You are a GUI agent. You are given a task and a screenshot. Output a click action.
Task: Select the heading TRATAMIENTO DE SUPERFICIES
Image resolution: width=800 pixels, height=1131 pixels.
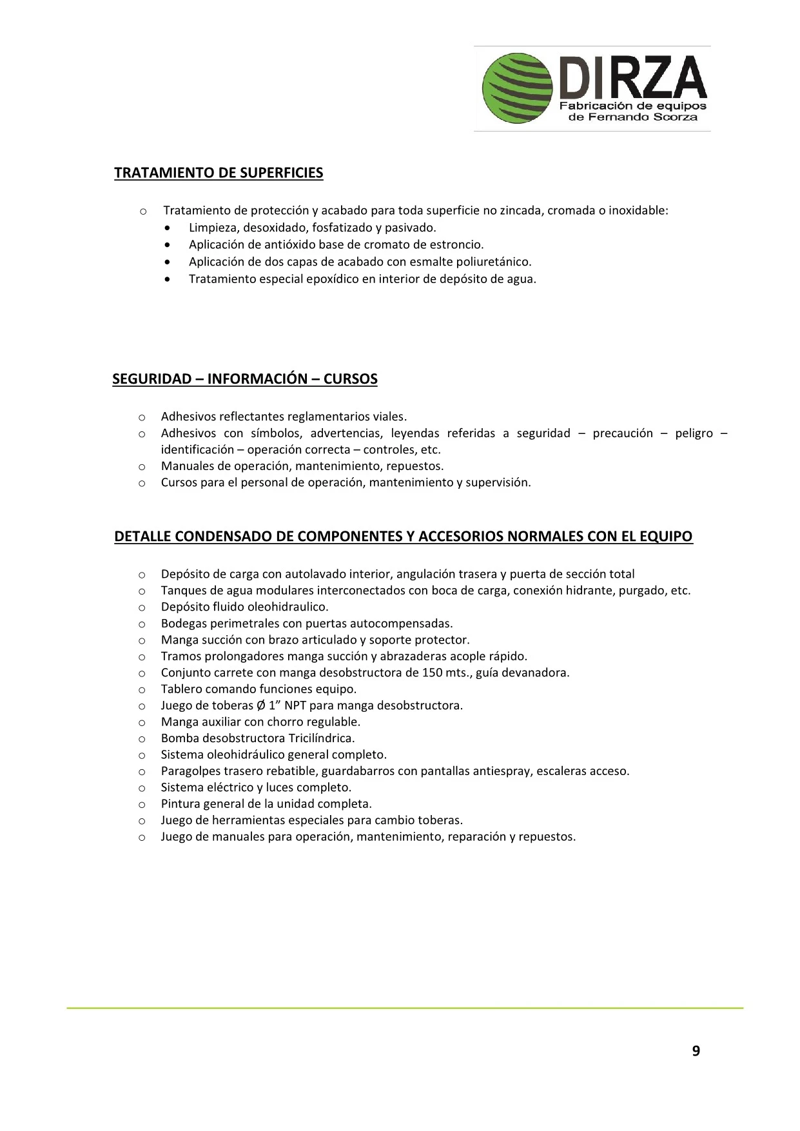(219, 173)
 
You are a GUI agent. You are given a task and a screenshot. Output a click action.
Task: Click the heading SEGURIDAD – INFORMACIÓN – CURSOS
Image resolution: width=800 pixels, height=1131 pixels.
(245, 379)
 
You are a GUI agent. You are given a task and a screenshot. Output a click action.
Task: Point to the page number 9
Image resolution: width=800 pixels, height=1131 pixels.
(696, 1051)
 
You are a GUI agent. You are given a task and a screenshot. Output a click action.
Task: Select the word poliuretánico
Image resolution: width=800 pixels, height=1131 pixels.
(495, 262)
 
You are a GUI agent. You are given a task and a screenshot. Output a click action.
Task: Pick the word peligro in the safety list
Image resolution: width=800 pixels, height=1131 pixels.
(694, 433)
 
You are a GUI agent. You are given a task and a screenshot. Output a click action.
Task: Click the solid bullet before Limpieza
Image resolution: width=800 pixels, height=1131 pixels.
(168, 228)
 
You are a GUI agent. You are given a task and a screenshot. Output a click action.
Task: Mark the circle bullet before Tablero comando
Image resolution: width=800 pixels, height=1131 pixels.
(142, 689)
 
